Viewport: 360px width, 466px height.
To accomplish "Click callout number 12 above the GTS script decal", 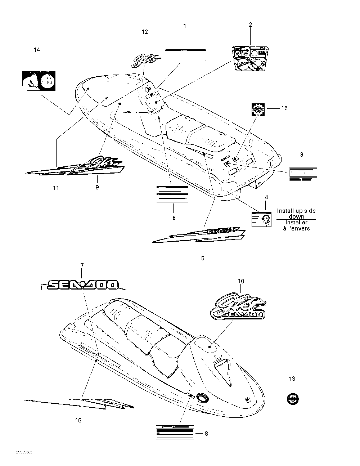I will pyautogui.click(x=145, y=32).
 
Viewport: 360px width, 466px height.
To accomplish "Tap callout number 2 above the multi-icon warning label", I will pyautogui.click(x=251, y=24).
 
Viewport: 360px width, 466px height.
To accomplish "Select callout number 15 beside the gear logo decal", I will pyautogui.click(x=284, y=108).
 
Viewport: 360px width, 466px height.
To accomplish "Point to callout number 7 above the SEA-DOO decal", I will pyautogui.click(x=82, y=265).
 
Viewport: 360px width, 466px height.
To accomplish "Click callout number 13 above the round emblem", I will pyautogui.click(x=292, y=378).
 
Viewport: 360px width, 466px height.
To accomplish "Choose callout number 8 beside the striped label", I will pyautogui.click(x=206, y=434).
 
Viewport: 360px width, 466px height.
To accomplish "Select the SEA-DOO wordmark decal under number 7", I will pyautogui.click(x=83, y=285).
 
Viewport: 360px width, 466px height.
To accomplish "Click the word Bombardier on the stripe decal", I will pyautogui.click(x=222, y=230).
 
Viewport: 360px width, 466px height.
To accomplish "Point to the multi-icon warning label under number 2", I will pyautogui.click(x=251, y=58).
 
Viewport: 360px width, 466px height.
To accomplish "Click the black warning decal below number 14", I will pyautogui.click(x=37, y=81).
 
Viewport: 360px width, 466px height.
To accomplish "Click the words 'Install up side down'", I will pyautogui.click(x=296, y=214).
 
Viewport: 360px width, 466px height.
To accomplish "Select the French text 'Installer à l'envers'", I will pyautogui.click(x=296, y=225).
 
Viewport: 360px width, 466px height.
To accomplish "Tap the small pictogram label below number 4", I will pyautogui.click(x=261, y=220).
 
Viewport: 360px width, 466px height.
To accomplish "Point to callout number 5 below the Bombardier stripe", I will pyautogui.click(x=203, y=258).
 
